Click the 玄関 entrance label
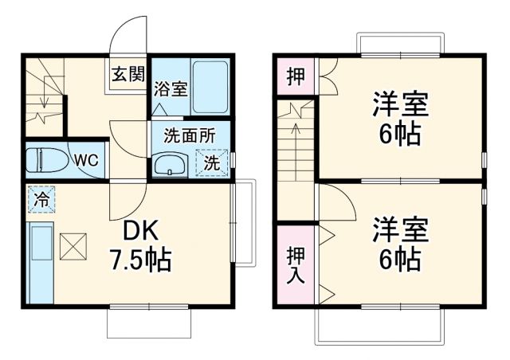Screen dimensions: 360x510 [127, 76]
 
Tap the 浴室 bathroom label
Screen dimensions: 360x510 [171, 88]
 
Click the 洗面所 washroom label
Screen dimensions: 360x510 [190, 135]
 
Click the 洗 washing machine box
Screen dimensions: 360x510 [211, 163]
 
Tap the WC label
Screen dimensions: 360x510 [85, 159]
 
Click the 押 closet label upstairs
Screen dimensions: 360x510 [295, 77]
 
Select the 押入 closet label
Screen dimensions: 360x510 [295, 264]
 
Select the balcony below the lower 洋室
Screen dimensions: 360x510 [379, 327]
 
